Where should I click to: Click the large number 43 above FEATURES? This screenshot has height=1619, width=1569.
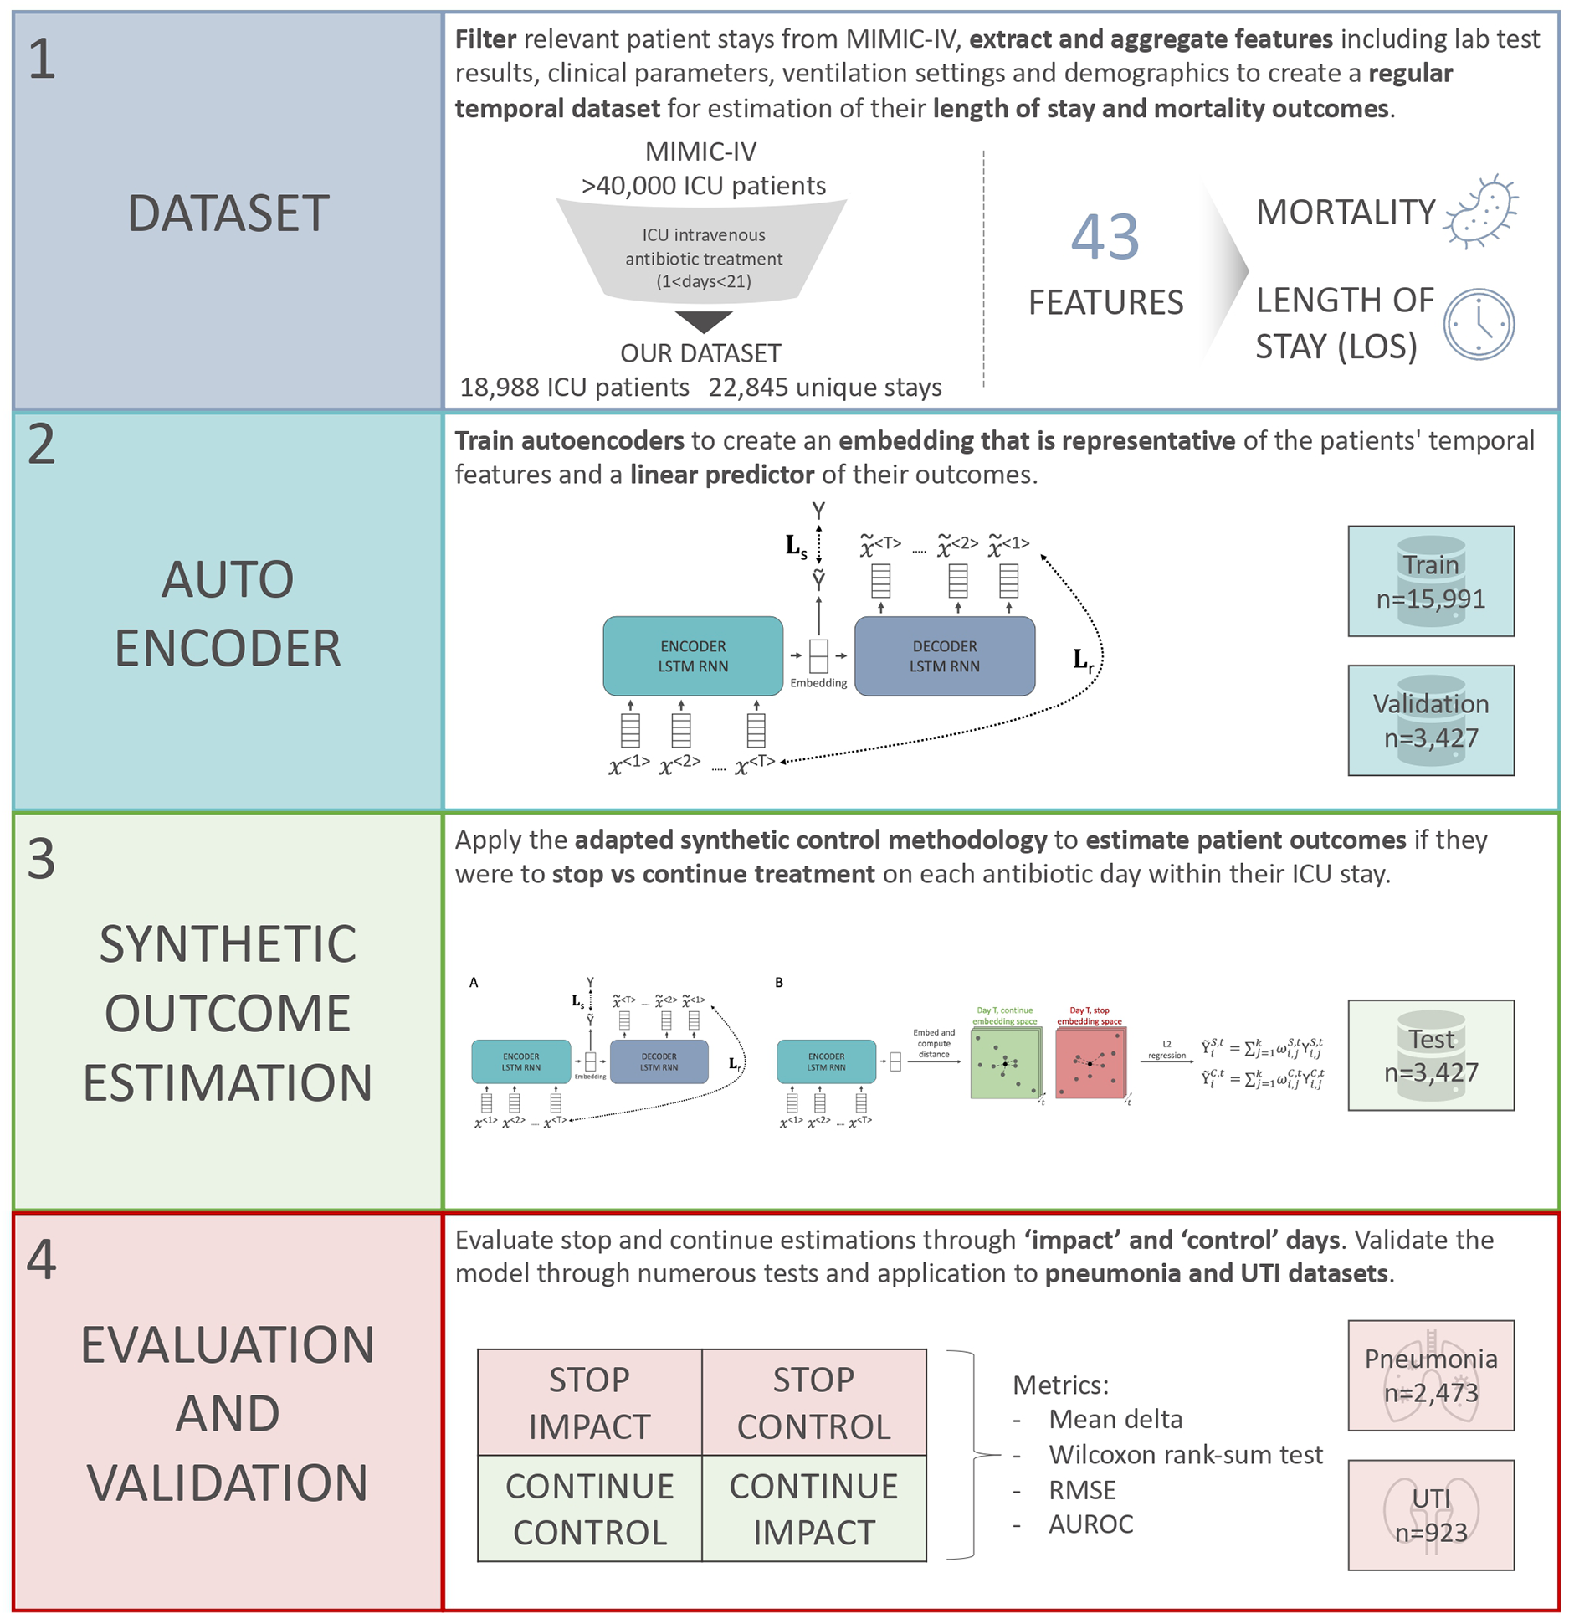point(1105,237)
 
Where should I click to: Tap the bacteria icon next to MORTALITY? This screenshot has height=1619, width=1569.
point(1481,212)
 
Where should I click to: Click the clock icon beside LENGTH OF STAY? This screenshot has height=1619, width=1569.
point(1479,324)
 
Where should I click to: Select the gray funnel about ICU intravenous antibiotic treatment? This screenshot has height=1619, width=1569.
point(703,251)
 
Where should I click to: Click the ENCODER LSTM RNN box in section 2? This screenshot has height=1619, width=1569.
point(693,655)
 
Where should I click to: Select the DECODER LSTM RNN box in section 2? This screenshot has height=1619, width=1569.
point(944,655)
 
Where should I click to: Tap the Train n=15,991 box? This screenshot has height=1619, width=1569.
point(1430,581)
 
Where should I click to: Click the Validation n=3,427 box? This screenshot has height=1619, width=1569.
point(1430,720)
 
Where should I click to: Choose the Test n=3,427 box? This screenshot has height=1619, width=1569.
point(1430,1055)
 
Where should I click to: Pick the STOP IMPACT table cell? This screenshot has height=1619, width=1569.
point(589,1402)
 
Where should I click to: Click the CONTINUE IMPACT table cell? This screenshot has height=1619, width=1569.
point(813,1508)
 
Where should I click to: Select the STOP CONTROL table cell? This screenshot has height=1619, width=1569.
point(813,1402)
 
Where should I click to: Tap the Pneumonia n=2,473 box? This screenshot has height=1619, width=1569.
point(1430,1375)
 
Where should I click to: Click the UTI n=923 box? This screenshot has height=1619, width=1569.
point(1430,1514)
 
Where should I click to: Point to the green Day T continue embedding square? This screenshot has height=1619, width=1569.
point(1004,1063)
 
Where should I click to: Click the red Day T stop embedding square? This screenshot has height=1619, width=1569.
point(1090,1063)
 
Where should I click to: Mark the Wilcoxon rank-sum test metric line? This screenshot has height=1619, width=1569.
point(1185,1454)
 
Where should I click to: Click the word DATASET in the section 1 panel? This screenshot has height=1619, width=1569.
point(228,213)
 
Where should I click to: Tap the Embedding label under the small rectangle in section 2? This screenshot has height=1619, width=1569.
point(818,683)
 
